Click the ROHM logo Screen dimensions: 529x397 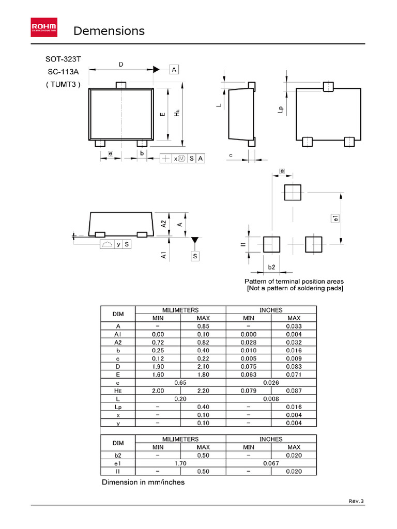tap(44, 27)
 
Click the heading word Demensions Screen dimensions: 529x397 tap(109, 31)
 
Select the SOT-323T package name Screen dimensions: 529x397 tap(64, 60)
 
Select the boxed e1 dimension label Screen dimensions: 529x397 tap(335, 219)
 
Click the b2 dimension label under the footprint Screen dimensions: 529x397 tap(271, 267)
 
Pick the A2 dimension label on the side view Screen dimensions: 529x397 tap(163, 224)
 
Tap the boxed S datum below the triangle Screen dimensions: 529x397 tap(195, 256)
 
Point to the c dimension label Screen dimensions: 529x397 tap(231, 155)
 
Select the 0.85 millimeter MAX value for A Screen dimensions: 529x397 tap(203, 326)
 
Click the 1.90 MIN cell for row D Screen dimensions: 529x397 tap(158, 366)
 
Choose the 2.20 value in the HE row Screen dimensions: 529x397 tap(203, 391)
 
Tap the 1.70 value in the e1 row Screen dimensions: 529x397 tap(180, 463)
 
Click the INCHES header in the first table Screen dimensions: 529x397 tap(271, 310)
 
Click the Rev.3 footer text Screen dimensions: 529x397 tap(356, 501)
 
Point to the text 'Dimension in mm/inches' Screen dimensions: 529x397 tap(143, 483)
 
